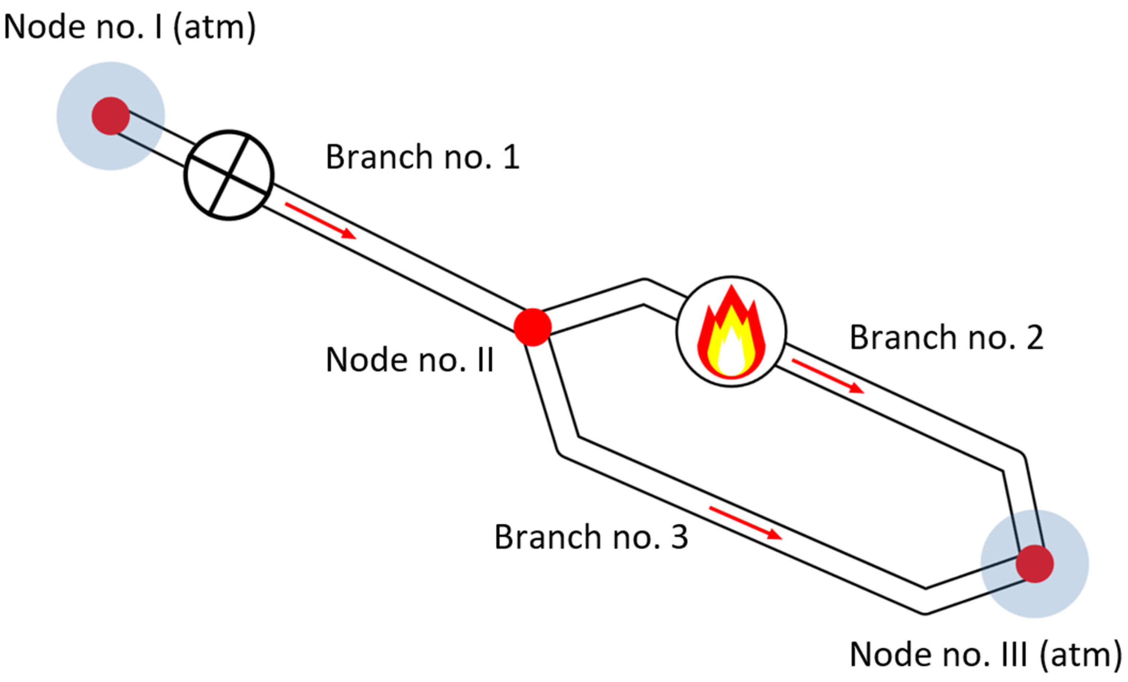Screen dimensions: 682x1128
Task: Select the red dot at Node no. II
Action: (x=532, y=327)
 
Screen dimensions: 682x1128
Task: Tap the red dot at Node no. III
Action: (x=1035, y=564)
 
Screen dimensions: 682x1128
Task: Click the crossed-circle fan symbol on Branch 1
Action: (x=229, y=175)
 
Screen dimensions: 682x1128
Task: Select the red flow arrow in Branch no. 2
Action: (x=828, y=376)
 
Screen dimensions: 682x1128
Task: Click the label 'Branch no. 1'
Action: (x=422, y=157)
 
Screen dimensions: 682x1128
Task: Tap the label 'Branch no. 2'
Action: (x=946, y=338)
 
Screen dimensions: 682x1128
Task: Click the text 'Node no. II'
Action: (x=410, y=360)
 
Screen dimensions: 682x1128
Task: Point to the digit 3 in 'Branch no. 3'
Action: (x=678, y=537)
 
